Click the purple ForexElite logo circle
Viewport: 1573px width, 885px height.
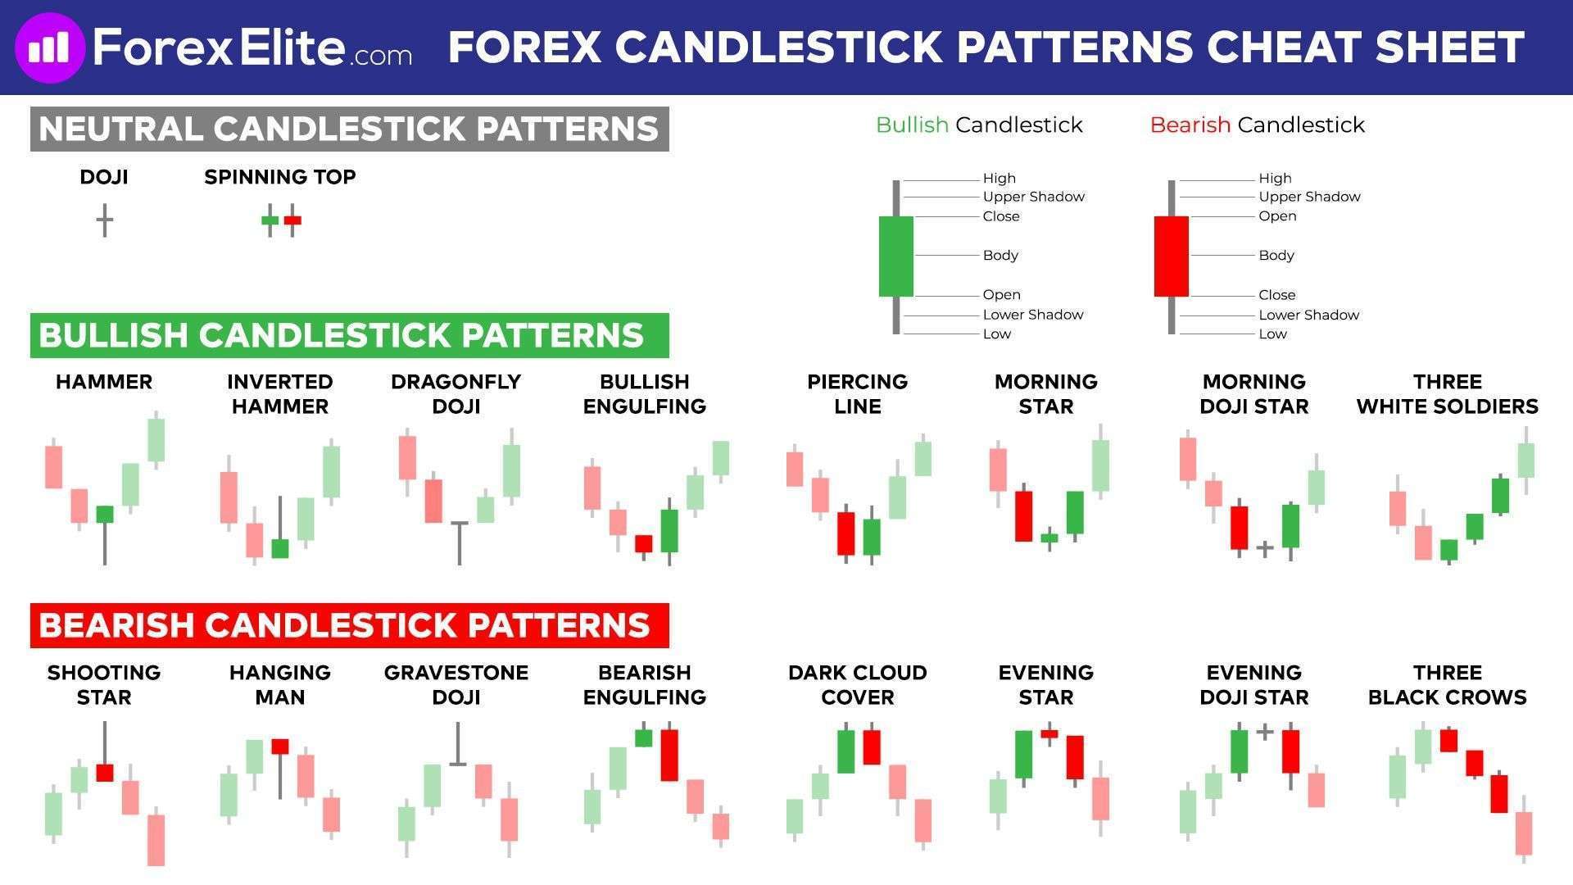(50, 48)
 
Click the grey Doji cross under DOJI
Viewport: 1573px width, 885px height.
(104, 220)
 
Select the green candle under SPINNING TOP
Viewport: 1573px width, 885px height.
(270, 220)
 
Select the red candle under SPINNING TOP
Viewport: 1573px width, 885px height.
(292, 220)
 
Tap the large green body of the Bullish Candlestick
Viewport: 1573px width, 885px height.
(895, 256)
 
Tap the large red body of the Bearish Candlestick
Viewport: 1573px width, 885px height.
(1171, 256)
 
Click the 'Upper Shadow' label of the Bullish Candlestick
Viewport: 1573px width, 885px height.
(1033, 197)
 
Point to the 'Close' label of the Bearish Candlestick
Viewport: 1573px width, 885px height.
(1276, 295)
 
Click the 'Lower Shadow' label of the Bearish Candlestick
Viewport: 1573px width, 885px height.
(1308, 315)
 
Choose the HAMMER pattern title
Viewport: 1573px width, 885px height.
(104, 382)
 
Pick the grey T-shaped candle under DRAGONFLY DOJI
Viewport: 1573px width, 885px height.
(459, 542)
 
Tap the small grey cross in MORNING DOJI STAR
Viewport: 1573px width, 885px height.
(1264, 548)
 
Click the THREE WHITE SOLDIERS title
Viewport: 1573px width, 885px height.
(1447, 394)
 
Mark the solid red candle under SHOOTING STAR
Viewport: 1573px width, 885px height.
(104, 771)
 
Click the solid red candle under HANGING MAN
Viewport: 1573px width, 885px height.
(280, 746)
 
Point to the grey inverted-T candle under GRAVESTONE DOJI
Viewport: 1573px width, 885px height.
(458, 744)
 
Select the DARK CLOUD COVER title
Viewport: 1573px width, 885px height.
(857, 685)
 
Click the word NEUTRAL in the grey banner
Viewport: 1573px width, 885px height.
(120, 129)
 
